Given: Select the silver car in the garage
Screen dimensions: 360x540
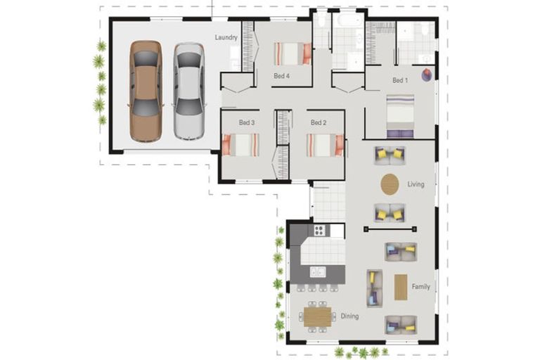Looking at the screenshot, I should (x=188, y=91).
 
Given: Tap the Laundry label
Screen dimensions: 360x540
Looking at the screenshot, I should (x=226, y=37).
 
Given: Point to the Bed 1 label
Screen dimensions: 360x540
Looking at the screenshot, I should (x=400, y=80).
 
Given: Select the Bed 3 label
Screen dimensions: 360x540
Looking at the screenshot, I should (x=246, y=122).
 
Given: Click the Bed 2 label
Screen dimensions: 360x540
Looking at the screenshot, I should (x=319, y=122).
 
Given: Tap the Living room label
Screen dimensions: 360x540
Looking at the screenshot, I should (x=416, y=184).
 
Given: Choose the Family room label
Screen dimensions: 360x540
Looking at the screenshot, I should (x=421, y=286).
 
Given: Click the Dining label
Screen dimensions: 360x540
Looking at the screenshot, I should (x=349, y=316).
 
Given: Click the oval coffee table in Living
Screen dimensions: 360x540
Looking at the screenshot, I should (x=390, y=184).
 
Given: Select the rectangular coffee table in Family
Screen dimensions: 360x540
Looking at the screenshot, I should (x=401, y=287).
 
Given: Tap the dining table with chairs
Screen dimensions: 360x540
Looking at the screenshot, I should (x=317, y=316).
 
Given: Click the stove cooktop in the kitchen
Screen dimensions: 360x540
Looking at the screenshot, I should (x=319, y=230).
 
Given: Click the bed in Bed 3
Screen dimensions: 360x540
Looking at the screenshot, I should (x=241, y=145).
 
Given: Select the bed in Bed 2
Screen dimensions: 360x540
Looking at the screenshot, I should (x=325, y=145).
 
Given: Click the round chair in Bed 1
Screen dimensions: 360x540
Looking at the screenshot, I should (x=425, y=75).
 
